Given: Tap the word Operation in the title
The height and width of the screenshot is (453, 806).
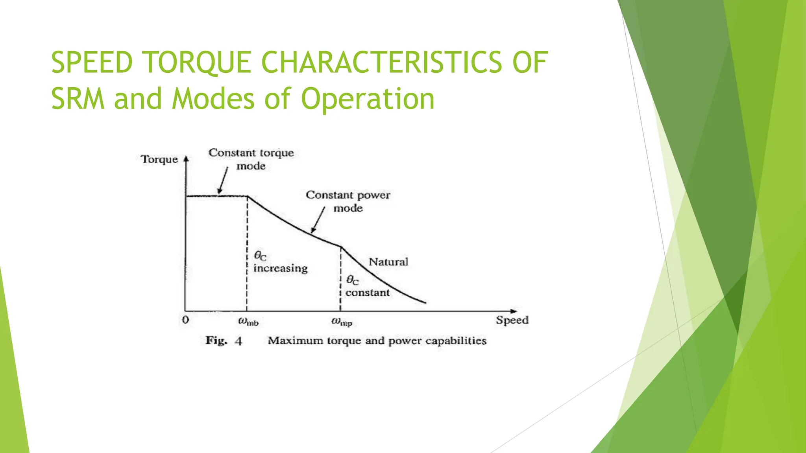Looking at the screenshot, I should [368, 99].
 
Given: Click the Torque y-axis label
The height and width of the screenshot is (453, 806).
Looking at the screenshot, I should [159, 159].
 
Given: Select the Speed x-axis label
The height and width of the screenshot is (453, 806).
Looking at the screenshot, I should [512, 320].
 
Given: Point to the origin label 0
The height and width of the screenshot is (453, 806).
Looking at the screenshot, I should [185, 320].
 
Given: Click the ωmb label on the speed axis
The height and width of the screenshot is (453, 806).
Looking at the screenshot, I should [248, 322].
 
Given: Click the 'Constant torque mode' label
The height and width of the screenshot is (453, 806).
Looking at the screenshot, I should [251, 159].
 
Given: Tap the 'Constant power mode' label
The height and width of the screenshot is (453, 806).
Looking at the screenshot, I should [348, 201].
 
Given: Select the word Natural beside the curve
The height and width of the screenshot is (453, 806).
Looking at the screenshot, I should [388, 262].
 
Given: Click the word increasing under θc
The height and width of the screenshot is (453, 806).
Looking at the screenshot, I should [280, 269].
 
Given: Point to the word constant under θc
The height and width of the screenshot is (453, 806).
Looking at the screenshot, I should [367, 293].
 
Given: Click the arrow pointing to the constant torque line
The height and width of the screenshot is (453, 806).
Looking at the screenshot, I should [223, 180].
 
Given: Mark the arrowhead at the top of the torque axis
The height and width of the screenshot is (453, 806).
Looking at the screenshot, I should [187, 159].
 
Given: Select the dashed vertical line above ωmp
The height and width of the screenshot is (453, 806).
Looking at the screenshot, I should [340, 279].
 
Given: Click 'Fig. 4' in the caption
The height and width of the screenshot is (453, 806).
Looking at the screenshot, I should [223, 341].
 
